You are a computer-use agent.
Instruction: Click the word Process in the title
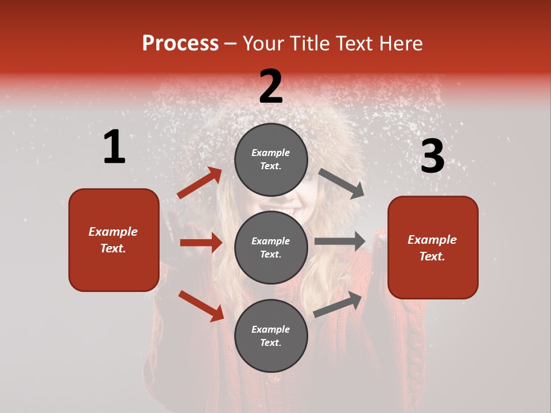[x=180, y=44]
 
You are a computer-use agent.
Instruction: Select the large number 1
[x=114, y=147]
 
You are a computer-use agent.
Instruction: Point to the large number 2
[x=271, y=87]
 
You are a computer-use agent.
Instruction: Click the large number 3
[x=433, y=157]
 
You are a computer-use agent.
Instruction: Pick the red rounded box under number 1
[x=114, y=240]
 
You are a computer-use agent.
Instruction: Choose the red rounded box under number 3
[x=433, y=248]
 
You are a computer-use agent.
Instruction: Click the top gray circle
[x=271, y=159]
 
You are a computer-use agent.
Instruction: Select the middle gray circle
[x=271, y=248]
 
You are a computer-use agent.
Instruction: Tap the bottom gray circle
[x=271, y=336]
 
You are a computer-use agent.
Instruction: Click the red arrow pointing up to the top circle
[x=200, y=182]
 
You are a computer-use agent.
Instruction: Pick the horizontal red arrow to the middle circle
[x=201, y=243]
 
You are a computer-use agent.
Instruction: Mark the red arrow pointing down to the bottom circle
[x=201, y=306]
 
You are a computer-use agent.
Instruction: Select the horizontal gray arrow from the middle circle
[x=340, y=241]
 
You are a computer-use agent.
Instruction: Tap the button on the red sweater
[x=275, y=377]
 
